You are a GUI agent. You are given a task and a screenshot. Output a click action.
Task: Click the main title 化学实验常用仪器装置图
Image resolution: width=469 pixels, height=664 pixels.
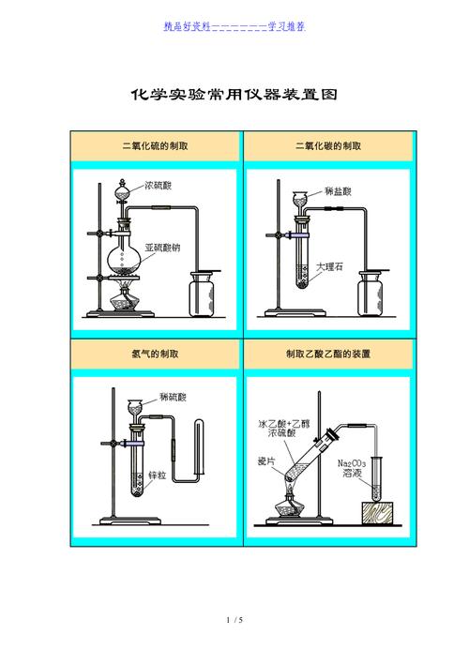(x=233, y=96)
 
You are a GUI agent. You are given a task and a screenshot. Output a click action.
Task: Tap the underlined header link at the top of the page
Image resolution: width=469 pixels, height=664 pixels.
(x=234, y=26)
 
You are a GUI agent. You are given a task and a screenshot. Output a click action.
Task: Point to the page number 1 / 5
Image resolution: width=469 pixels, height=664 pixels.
(x=234, y=620)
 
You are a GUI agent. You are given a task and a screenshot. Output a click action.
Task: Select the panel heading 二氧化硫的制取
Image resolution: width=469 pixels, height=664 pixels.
(x=156, y=146)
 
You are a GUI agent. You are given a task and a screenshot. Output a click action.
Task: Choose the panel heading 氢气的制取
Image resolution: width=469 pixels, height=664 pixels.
(x=156, y=355)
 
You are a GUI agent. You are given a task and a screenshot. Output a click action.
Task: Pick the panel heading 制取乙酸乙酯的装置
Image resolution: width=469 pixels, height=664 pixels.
(x=328, y=355)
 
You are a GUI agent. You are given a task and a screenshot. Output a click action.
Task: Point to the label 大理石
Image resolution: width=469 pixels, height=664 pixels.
(x=329, y=266)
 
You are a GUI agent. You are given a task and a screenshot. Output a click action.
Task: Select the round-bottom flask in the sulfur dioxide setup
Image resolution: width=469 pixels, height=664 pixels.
(x=124, y=253)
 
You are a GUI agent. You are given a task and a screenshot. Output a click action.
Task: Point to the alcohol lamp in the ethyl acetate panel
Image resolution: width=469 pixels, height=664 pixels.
(x=290, y=511)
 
